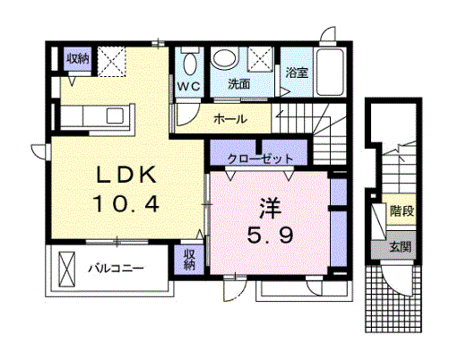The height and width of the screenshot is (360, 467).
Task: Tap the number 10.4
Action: pyautogui.click(x=126, y=204)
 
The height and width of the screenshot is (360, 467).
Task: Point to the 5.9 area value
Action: pyautogui.click(x=269, y=237)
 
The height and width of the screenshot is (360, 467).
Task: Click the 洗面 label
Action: pyautogui.click(x=238, y=86)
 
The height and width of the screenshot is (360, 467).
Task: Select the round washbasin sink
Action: pyautogui.click(x=226, y=60)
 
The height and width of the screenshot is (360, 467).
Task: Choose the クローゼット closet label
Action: pyautogui.click(x=261, y=159)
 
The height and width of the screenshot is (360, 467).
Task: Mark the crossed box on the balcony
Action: pyautogui.click(x=67, y=267)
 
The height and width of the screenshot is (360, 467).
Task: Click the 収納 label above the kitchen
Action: pyautogui.click(x=77, y=58)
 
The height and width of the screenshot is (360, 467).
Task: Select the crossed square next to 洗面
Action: pyautogui.click(x=262, y=61)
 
